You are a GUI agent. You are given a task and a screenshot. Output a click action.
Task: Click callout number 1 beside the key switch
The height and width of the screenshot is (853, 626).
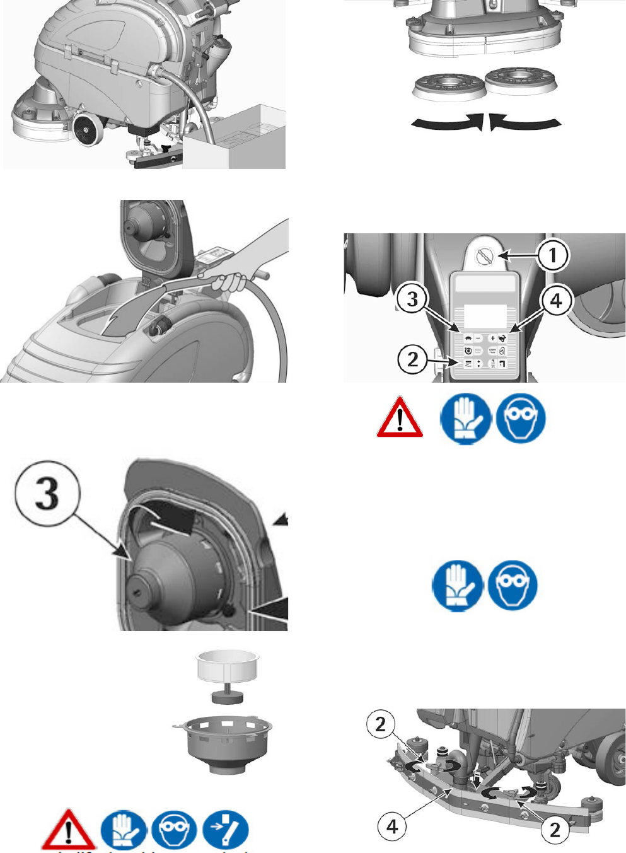pyautogui.click(x=553, y=255)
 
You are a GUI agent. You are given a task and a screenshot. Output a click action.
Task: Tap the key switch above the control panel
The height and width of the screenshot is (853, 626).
pyautogui.click(x=485, y=256)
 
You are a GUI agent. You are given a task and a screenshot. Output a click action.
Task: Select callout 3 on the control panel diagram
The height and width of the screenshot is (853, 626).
pyautogui.click(x=412, y=298)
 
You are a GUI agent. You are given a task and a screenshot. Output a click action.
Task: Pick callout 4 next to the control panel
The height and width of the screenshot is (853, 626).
pyautogui.click(x=556, y=300)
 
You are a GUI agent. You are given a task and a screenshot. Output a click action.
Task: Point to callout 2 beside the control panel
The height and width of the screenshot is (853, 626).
pyautogui.click(x=413, y=359)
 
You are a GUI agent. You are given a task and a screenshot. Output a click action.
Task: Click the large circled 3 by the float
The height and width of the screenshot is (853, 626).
pyautogui.click(x=47, y=494)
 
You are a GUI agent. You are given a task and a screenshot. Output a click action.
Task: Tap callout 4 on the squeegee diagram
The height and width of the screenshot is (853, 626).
pyautogui.click(x=392, y=825)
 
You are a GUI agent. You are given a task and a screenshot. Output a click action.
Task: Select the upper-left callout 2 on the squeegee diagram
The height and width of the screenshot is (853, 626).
pyautogui.click(x=381, y=724)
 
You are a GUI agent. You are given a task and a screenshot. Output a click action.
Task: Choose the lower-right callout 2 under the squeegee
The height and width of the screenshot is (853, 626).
pyautogui.click(x=555, y=829)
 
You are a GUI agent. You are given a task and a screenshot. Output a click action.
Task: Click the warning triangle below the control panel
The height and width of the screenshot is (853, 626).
pyautogui.click(x=400, y=418)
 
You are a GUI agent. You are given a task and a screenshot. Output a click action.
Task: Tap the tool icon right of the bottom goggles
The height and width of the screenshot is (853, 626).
pyautogui.click(x=226, y=830)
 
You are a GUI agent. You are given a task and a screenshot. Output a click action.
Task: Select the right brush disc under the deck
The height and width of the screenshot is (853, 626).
pyautogui.click(x=520, y=81)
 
